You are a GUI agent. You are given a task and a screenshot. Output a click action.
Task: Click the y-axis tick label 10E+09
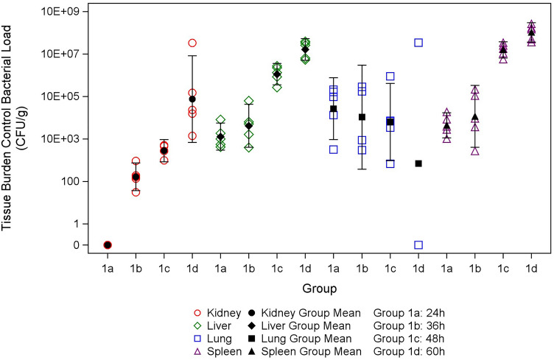(x=61, y=11)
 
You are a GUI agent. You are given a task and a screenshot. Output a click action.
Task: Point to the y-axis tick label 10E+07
(x=61, y=54)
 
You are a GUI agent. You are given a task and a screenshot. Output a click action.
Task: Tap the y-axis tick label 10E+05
(x=61, y=96)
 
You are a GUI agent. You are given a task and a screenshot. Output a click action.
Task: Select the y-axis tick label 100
(x=72, y=182)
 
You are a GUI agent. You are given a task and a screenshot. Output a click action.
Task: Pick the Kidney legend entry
(x=224, y=314)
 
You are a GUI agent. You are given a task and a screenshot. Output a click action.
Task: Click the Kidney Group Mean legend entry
(x=312, y=314)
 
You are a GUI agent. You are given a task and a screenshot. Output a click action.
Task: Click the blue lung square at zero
(x=418, y=245)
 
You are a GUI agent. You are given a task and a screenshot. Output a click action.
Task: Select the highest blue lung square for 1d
(x=418, y=43)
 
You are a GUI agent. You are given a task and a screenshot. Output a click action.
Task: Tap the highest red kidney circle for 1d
(x=192, y=43)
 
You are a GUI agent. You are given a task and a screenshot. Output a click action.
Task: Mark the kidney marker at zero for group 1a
(x=108, y=245)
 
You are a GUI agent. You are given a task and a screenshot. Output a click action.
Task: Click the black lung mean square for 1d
(x=418, y=163)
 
